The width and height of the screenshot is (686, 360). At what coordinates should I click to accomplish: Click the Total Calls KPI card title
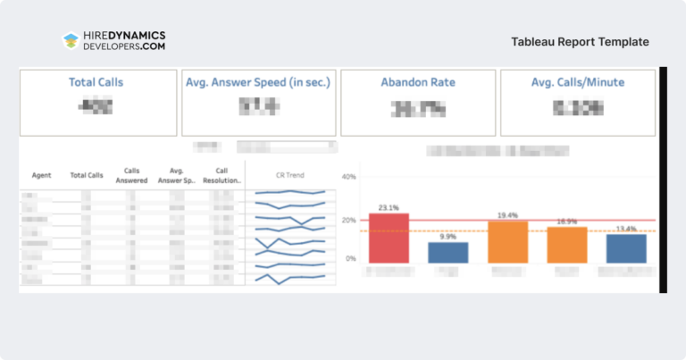(x=96, y=82)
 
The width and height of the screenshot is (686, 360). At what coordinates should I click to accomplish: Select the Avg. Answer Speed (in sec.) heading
(x=258, y=82)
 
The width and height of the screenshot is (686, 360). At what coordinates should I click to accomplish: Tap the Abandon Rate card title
(x=418, y=82)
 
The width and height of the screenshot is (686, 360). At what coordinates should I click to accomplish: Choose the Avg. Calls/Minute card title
(x=577, y=82)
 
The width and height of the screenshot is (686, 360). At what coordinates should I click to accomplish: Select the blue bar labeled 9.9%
(x=448, y=253)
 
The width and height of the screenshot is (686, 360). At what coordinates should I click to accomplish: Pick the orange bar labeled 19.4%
(x=507, y=242)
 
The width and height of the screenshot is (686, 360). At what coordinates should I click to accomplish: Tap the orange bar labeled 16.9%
(x=566, y=245)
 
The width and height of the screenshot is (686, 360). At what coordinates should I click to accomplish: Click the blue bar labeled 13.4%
(x=626, y=248)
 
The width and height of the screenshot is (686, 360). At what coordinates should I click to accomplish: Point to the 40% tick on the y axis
(x=349, y=177)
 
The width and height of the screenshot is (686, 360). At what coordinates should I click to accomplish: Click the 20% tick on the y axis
(x=349, y=220)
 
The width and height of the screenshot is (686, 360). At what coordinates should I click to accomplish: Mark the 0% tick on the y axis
(x=351, y=259)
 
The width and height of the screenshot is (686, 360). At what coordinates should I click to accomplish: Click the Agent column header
(x=41, y=175)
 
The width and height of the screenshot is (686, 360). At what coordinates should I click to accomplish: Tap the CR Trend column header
(x=289, y=175)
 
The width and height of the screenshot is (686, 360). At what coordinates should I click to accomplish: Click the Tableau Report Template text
(x=580, y=42)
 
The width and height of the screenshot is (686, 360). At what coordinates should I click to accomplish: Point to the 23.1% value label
(x=388, y=207)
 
